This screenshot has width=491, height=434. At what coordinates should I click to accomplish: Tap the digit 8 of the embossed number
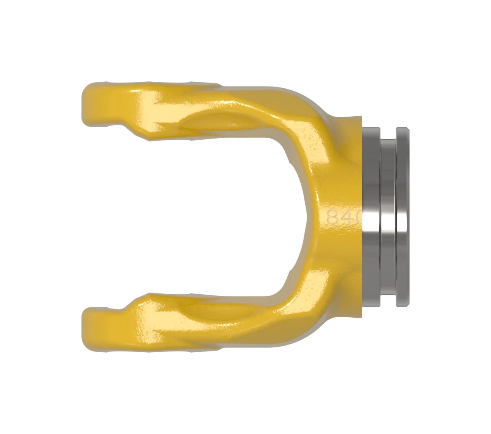333,217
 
